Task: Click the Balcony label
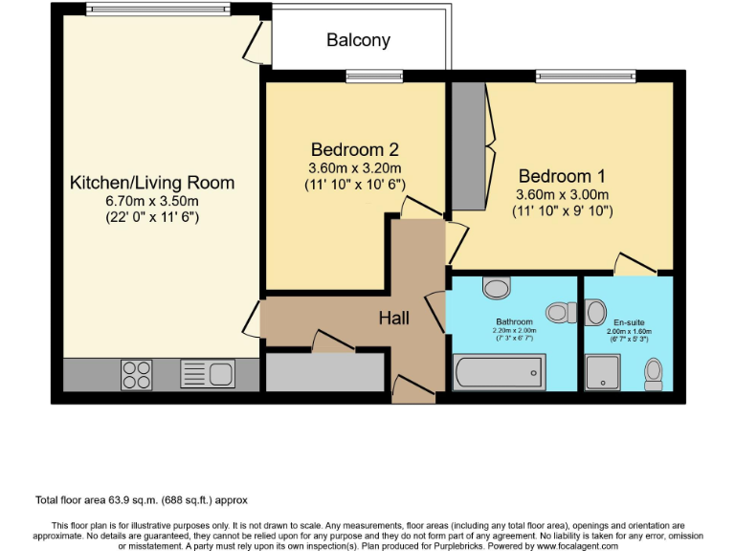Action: coord(358,40)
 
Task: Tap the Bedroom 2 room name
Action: coord(355,150)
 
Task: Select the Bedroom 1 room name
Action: coord(562,176)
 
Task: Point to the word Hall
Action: coord(393,319)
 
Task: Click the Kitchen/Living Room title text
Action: coord(152,183)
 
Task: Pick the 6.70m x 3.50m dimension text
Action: coord(152,201)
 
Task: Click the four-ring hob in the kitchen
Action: coord(137,375)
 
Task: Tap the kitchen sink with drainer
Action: coord(208,374)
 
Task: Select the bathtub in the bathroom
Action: coord(500,372)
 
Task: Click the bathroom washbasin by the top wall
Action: coord(497,287)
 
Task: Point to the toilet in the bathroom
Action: coord(562,313)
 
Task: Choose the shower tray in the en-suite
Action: coord(603,372)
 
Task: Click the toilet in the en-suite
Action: coord(654,374)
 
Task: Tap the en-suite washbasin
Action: coord(595,312)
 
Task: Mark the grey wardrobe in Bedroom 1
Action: coord(468,146)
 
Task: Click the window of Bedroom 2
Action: coord(374,76)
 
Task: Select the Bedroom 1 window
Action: coord(586,76)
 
